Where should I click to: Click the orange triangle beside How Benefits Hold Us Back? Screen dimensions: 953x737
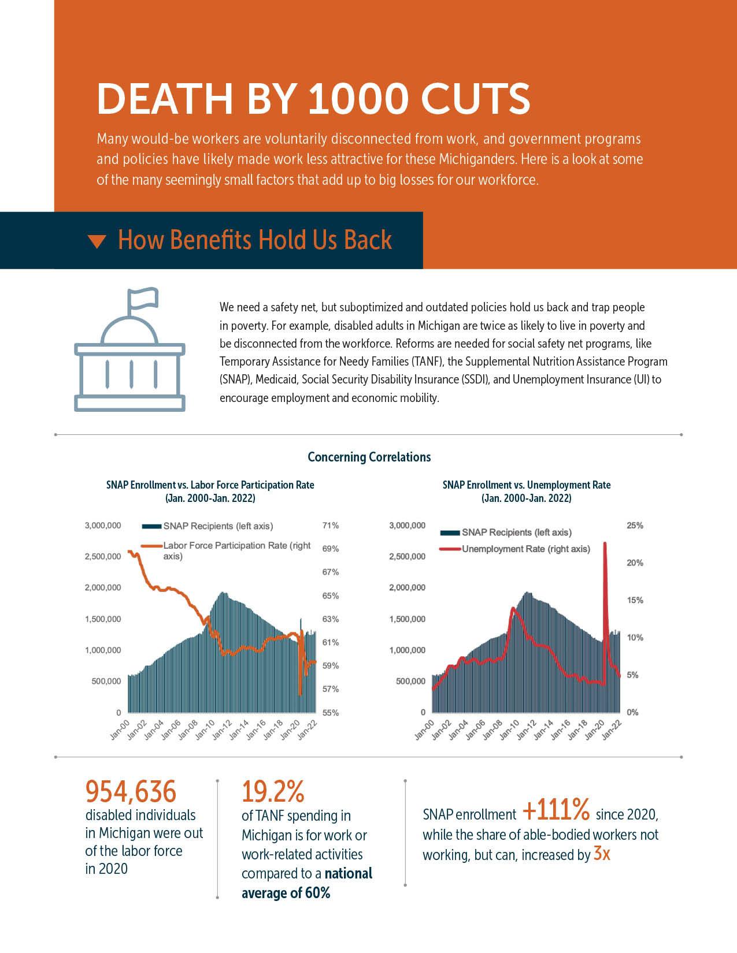[97, 241]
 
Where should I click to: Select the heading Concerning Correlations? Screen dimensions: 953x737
[369, 457]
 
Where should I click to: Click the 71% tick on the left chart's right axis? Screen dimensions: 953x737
[330, 526]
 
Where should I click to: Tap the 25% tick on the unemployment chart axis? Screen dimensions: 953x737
[635, 526]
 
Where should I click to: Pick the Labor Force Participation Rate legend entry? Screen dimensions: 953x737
[236, 550]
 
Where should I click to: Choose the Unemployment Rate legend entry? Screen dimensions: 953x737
[525, 549]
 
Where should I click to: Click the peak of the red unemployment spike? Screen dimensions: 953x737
[605, 543]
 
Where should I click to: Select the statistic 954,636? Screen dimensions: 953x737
[131, 792]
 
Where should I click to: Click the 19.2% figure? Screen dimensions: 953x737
[273, 792]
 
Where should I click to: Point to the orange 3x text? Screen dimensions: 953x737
[602, 854]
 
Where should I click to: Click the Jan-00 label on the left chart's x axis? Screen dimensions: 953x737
[120, 729]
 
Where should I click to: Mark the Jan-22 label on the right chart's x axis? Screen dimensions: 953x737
[612, 729]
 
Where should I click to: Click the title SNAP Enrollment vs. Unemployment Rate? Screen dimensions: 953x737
[526, 485]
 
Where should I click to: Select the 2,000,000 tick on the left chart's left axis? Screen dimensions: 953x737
[103, 588]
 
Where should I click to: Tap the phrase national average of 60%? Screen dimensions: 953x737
[306, 883]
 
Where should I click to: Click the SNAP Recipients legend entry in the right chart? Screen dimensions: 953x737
[516, 533]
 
